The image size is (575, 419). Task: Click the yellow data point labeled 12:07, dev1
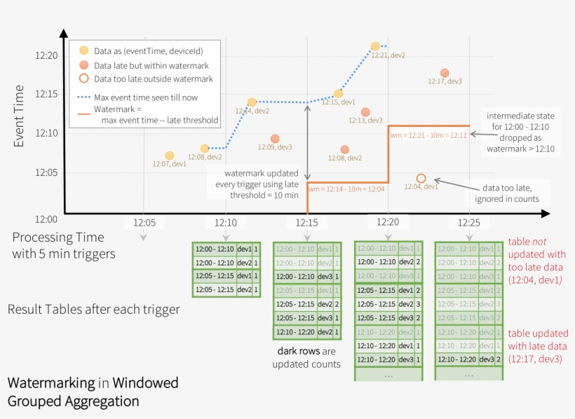(x=169, y=156)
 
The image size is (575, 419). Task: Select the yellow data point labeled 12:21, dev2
(x=376, y=46)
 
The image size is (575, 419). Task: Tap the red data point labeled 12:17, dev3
(x=445, y=73)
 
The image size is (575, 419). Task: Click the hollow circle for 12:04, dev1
(x=421, y=178)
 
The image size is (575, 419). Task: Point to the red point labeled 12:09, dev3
(x=275, y=139)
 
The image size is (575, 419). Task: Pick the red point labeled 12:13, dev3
(x=365, y=112)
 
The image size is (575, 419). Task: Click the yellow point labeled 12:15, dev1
(x=338, y=93)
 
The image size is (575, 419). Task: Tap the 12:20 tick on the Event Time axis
(x=46, y=55)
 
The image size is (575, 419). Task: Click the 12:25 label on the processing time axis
(x=468, y=222)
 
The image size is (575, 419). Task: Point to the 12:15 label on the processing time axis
(x=307, y=222)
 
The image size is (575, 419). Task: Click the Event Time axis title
(x=19, y=116)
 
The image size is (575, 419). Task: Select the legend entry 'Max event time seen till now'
(x=146, y=97)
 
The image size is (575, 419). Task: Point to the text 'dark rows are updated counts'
(x=307, y=358)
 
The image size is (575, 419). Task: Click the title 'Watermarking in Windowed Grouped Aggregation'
(x=93, y=392)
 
